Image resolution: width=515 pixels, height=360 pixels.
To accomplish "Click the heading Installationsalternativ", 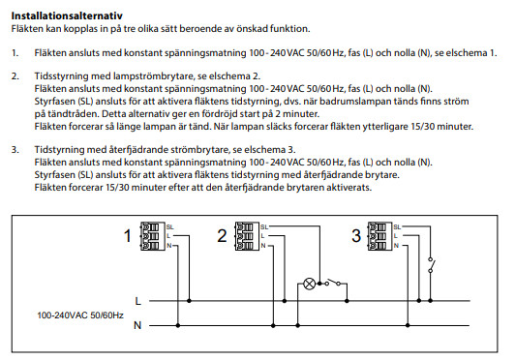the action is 67,15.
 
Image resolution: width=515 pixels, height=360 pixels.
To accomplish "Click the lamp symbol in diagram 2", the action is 309,284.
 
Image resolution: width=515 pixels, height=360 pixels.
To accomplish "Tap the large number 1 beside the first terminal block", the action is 128,236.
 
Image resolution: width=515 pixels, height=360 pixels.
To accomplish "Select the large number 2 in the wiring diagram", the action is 222,236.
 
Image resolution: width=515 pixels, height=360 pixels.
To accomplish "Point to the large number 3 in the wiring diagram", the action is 356,236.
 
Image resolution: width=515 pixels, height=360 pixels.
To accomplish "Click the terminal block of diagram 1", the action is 153,236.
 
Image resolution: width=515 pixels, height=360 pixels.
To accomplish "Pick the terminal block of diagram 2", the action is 247,236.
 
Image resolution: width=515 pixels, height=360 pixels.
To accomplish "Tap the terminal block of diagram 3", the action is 380,236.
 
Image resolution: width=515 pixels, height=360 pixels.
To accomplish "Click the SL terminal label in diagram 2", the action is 264,227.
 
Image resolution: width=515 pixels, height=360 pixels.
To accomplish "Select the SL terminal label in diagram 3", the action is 397,227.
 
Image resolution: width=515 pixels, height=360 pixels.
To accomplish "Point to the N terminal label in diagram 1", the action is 168,246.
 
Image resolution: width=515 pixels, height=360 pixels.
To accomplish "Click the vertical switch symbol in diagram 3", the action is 431,265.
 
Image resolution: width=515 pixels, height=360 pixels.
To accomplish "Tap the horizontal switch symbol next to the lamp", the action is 333,283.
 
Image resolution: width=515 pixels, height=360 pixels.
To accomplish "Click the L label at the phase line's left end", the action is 137,301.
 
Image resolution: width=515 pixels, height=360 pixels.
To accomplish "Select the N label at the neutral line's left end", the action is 137,325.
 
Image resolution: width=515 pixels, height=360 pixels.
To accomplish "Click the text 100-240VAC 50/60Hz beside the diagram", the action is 80,315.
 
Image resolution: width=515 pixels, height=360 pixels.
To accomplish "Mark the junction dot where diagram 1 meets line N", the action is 178,325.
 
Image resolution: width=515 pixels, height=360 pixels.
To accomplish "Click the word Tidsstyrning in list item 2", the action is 62,76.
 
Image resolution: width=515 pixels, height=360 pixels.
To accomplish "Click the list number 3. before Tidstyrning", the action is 15,150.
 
